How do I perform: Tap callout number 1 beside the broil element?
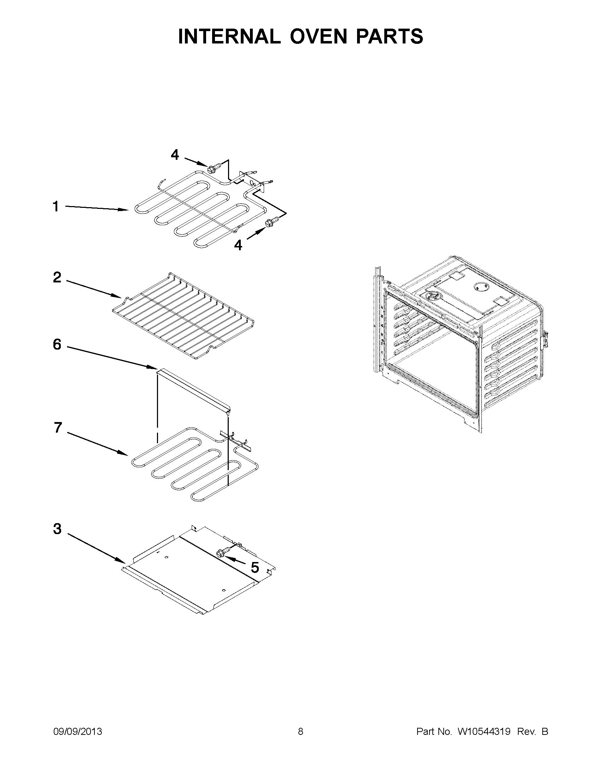click(56, 207)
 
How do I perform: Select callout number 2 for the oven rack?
click(57, 277)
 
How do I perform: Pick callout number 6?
click(57, 344)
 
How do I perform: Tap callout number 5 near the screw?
click(255, 567)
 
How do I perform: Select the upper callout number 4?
click(175, 154)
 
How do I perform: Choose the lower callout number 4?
click(238, 245)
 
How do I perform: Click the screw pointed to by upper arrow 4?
click(212, 167)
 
